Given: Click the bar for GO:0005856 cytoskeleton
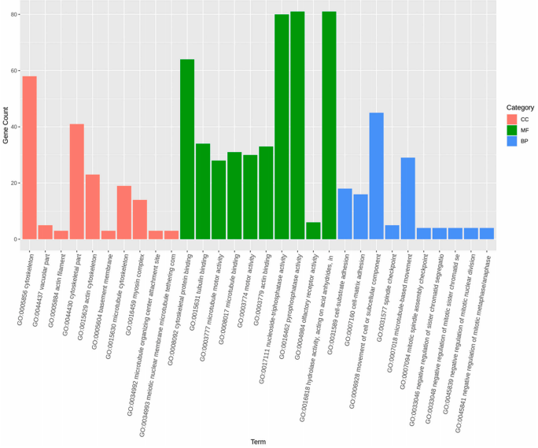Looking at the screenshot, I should [x=30, y=157].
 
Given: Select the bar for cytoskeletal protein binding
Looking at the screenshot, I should [x=187, y=150].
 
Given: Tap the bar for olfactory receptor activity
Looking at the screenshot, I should [x=313, y=231].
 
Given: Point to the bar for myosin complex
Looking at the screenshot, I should [x=140, y=220].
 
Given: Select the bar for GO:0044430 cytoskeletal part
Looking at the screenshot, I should [x=77, y=181].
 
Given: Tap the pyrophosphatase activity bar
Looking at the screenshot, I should [x=297, y=126].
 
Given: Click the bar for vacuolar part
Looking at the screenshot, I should [x=46, y=232].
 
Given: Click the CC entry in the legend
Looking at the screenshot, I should [x=524, y=119].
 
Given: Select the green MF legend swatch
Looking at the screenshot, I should [x=511, y=130].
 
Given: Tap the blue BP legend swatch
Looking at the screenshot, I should [x=511, y=141].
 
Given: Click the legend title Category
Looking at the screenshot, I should [x=520, y=107].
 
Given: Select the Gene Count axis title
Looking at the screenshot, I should [x=6, y=126].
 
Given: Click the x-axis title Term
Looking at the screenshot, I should [x=258, y=442].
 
